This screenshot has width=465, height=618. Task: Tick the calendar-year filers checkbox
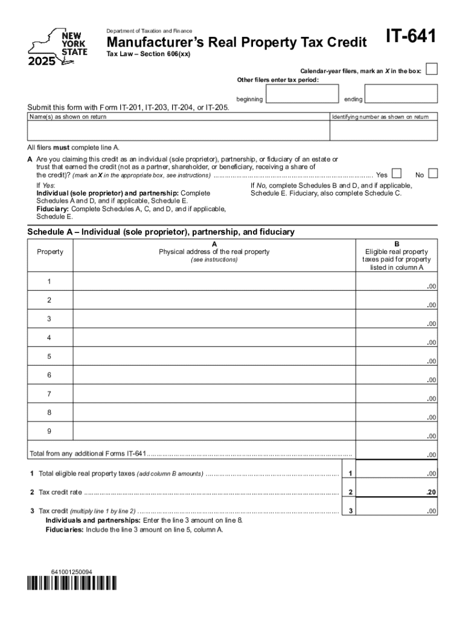point(431,69)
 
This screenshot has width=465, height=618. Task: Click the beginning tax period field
point(301,94)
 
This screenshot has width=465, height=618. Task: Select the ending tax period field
point(401,94)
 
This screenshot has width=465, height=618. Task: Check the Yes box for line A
point(397,174)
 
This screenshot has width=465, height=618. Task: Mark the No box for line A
point(432,174)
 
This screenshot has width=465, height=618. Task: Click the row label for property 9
point(50,432)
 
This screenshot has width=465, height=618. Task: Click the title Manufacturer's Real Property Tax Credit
point(237,42)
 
